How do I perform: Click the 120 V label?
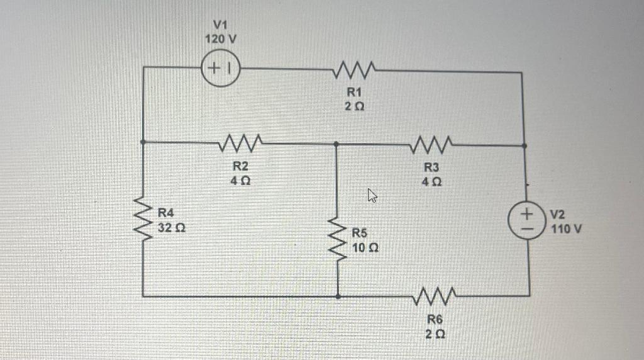pos(221,38)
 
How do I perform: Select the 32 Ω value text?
pos(170,227)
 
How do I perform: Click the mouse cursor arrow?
pos(372,198)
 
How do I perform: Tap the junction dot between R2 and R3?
pos(336,144)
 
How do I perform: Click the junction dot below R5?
pos(338,295)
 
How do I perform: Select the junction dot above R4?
pos(143,142)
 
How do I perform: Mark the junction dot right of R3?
pos(526,145)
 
